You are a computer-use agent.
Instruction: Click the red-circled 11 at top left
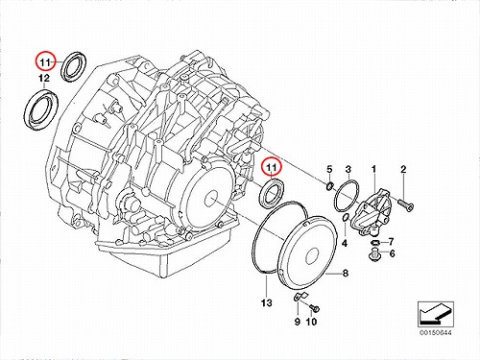[x=45, y=62]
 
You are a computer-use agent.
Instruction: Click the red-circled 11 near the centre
[x=272, y=167]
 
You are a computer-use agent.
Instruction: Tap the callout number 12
[x=44, y=78]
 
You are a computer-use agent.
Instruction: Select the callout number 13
[x=266, y=302]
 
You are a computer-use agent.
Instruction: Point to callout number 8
[x=346, y=274]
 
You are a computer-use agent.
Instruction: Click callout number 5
[x=329, y=169]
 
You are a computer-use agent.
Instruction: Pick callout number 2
[x=403, y=169]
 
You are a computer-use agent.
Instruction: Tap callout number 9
[x=298, y=322]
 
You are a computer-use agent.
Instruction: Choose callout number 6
[x=392, y=253]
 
